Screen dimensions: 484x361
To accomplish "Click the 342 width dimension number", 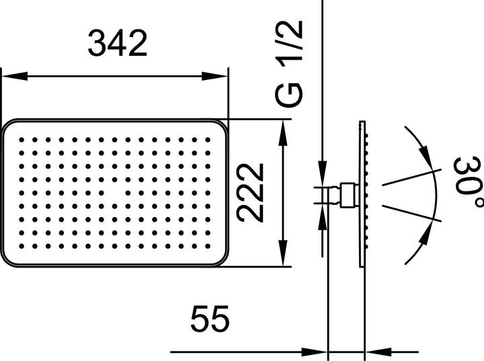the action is pyautogui.click(x=118, y=44).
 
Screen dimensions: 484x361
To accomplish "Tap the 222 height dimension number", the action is pyautogui.click(x=250, y=192).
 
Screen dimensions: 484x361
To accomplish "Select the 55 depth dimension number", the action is pyautogui.click(x=210, y=319).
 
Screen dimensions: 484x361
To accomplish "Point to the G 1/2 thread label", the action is pyautogui.click(x=290, y=64).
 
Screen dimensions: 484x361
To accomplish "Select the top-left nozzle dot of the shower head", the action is pyautogui.click(x=22, y=139).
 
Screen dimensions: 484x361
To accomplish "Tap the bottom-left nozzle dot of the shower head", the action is pyautogui.click(x=22, y=247).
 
